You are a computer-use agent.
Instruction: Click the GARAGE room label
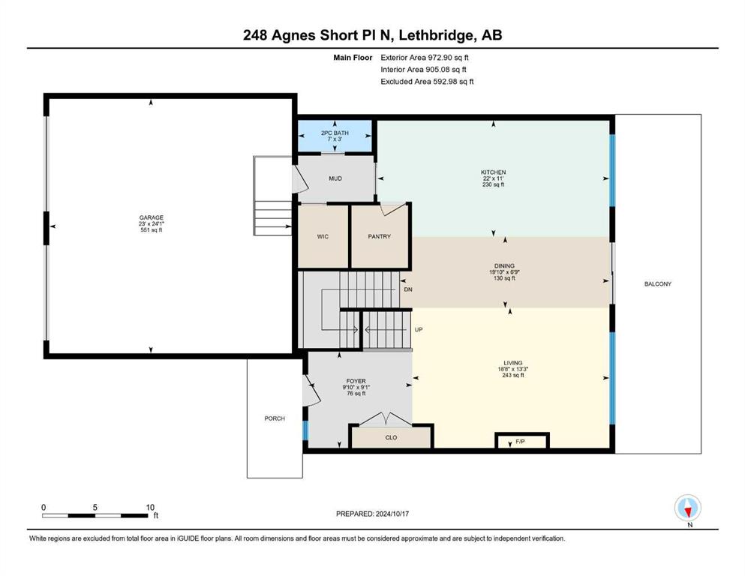click(x=151, y=218)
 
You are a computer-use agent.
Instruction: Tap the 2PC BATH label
click(x=335, y=133)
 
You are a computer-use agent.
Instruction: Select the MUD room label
click(x=335, y=178)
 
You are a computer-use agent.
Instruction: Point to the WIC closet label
click(x=323, y=236)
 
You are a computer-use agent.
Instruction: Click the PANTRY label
click(x=379, y=236)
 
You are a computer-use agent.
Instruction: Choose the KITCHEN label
click(x=493, y=172)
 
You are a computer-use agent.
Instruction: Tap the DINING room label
click(x=504, y=266)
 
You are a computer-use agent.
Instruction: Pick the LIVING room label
click(x=513, y=363)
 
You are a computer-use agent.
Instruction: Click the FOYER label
click(x=356, y=381)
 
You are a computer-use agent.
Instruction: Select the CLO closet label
click(x=391, y=438)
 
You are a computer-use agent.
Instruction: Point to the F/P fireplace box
click(x=522, y=441)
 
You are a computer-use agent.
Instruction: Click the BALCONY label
click(x=658, y=284)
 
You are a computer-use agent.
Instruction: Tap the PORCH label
click(x=275, y=418)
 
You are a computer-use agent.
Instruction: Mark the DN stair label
click(x=408, y=289)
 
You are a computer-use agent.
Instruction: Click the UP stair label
click(x=419, y=329)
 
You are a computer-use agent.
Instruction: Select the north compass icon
click(x=687, y=508)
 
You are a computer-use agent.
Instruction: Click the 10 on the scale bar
click(x=150, y=507)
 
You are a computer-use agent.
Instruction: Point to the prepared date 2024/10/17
click(x=392, y=514)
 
